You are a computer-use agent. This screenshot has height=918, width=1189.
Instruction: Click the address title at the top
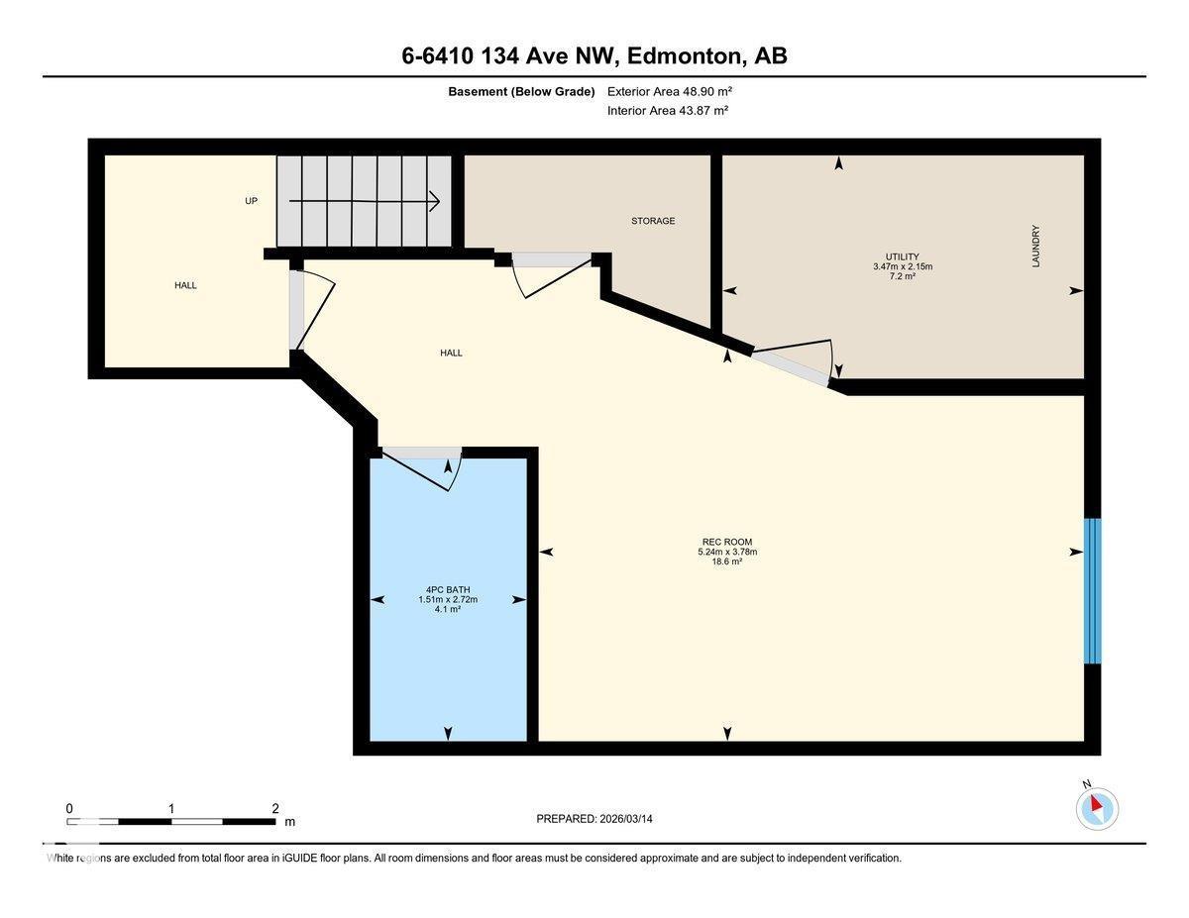tap(594, 56)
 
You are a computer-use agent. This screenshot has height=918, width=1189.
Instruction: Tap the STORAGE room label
tap(653, 221)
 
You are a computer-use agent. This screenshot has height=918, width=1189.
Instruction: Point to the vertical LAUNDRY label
tap(1035, 246)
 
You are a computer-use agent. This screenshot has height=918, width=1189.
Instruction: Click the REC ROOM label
tap(727, 542)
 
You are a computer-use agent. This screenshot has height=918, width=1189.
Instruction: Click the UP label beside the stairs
tap(252, 201)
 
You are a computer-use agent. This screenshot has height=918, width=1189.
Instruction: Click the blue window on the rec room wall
tap(1092, 590)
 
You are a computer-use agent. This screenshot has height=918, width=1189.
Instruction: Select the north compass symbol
tap(1097, 807)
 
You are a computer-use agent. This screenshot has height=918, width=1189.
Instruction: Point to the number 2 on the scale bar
tap(274, 808)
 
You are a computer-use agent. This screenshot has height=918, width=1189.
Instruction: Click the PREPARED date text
tap(594, 819)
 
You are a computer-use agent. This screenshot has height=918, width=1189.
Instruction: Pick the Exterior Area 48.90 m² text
tap(670, 91)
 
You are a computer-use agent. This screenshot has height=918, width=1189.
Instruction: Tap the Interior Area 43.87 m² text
tap(668, 111)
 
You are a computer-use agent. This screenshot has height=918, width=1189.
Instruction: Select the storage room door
tap(551, 274)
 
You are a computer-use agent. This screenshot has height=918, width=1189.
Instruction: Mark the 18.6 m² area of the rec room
tap(727, 561)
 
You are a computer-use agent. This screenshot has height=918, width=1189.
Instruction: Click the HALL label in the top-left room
tap(185, 285)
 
